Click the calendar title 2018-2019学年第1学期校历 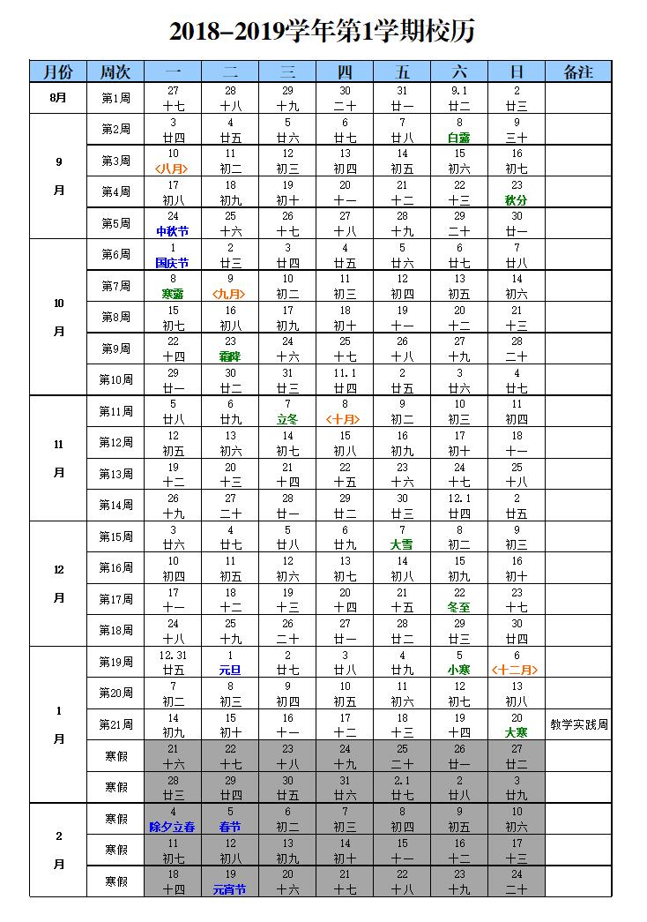(x=323, y=33)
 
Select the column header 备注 (x=578, y=72)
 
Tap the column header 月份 (x=59, y=72)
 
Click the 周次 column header (x=115, y=72)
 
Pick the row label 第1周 (x=115, y=97)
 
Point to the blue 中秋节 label (x=173, y=231)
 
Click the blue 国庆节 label (x=173, y=263)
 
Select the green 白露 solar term (x=459, y=138)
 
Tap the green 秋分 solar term (x=517, y=200)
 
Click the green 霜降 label (x=230, y=356)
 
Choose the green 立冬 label (x=287, y=419)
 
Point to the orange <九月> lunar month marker (x=230, y=294)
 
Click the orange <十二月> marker (x=517, y=670)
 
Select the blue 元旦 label (x=230, y=670)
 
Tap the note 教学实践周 (x=578, y=725)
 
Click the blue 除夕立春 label (x=173, y=827)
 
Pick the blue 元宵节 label (x=230, y=889)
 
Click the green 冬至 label (x=459, y=607)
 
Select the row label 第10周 (x=115, y=379)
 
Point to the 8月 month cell (x=59, y=97)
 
